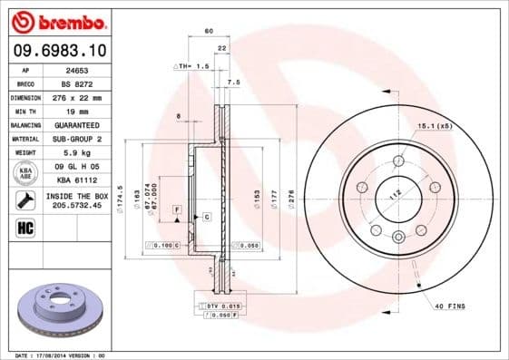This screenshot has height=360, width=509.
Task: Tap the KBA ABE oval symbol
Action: (25, 173)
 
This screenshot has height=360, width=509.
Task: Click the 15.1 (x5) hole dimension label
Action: (435, 125)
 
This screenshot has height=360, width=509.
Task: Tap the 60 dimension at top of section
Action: (209, 31)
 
